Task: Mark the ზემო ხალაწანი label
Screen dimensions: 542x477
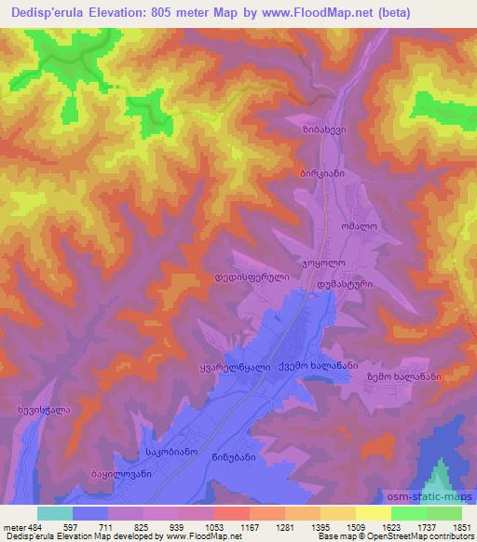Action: tap(403, 377)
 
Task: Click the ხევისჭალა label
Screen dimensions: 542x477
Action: tap(45, 409)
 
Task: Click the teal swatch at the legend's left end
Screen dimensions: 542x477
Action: tap(55, 513)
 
